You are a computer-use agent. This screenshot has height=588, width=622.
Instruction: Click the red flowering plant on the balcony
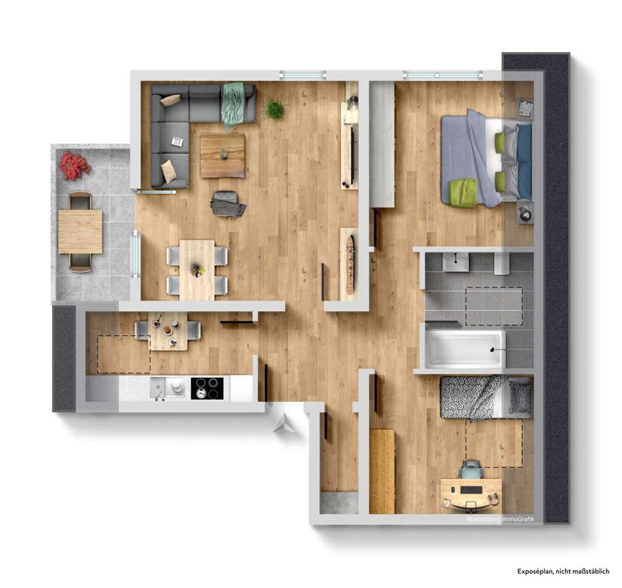point(74,165)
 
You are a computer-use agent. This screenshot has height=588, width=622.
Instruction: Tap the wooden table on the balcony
point(80,231)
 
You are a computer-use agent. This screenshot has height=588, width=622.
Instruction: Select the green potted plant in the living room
point(275,109)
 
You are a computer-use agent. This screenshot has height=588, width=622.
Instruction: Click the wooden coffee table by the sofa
point(222,156)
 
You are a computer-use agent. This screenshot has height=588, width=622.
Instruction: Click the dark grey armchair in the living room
point(227,204)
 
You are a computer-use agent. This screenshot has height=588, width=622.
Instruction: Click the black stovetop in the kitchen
point(207,389)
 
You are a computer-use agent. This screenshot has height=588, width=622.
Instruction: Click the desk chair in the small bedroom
point(470,471)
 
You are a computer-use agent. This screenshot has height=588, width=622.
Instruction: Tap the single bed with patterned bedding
point(485,397)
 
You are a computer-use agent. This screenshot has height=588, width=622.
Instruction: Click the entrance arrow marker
point(283,424)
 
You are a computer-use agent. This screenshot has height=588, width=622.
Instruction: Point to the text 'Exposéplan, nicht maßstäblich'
point(563,571)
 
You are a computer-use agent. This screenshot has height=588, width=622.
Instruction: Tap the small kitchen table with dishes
point(168,331)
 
